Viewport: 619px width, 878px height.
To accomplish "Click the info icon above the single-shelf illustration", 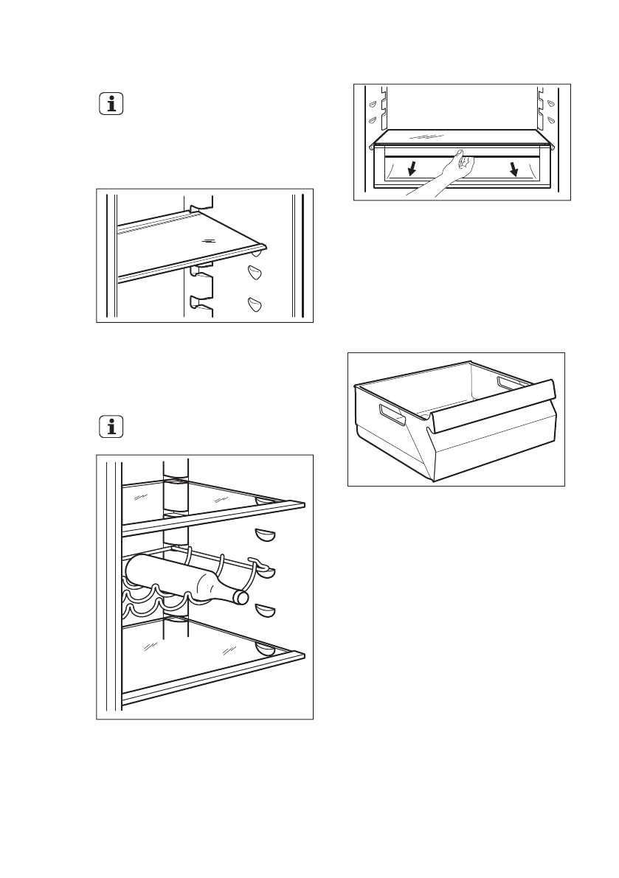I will (111, 105).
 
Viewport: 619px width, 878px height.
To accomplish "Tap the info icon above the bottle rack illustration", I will (111, 427).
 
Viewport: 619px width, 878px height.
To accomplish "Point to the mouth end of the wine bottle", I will (242, 596).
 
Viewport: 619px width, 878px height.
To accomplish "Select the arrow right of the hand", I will (513, 170).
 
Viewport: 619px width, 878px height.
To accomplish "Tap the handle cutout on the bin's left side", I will (392, 414).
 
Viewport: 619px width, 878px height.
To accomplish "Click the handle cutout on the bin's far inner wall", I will (509, 384).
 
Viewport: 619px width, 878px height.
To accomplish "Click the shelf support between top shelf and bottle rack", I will (265, 534).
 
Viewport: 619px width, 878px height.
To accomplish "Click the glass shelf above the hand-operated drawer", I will (462, 139).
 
